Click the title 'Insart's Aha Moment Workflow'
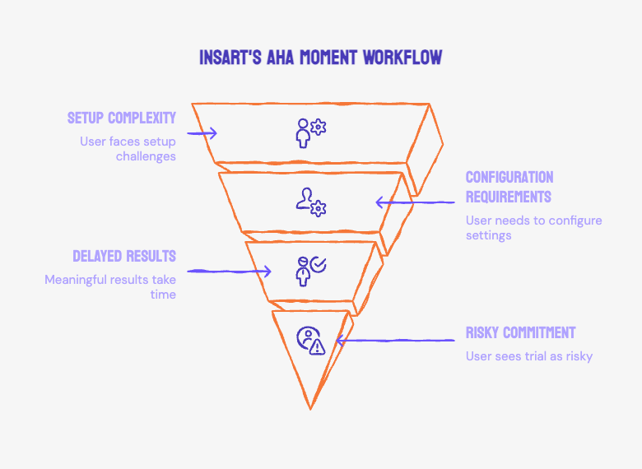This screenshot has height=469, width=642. tap(321, 58)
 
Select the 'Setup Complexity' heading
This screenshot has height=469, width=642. tap(122, 118)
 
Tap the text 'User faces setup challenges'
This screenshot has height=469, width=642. tap(128, 149)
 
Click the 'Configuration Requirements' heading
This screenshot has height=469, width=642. tap(509, 187)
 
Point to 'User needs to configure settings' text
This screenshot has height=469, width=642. tap(533, 228)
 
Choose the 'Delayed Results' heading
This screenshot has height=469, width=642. tap(124, 256)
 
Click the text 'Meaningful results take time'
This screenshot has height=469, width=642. tap(110, 287)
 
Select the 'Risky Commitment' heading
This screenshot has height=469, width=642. tap(520, 333)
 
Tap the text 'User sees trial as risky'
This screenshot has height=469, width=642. tap(528, 356)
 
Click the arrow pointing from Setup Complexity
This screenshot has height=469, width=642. tap(202, 132)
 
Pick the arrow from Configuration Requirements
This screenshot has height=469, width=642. tap(415, 202)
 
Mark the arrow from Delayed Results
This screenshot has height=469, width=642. tap(230, 271)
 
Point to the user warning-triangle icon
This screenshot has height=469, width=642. tap(310, 339)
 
